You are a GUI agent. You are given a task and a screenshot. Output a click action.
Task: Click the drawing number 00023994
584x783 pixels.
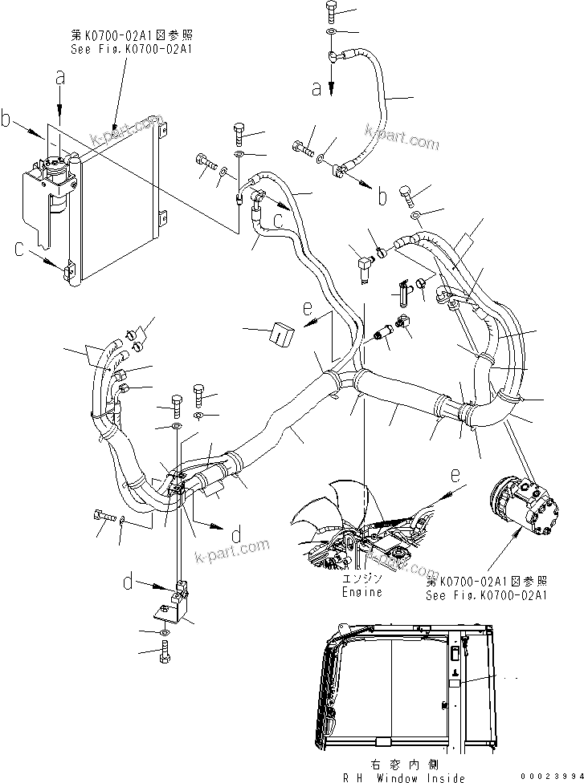click(x=548, y=777)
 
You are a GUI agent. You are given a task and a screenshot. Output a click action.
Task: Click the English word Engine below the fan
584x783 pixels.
click(x=362, y=592)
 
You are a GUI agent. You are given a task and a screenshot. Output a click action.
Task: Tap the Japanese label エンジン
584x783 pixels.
click(x=362, y=578)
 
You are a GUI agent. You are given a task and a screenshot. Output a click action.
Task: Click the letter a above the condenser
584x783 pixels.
click(x=59, y=79)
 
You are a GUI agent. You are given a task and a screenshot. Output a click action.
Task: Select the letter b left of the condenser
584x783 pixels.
click(x=6, y=121)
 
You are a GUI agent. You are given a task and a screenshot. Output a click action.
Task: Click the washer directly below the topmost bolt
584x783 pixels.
click(x=332, y=33)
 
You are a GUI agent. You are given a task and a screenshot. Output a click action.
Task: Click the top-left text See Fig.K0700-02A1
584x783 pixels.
click(x=132, y=48)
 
